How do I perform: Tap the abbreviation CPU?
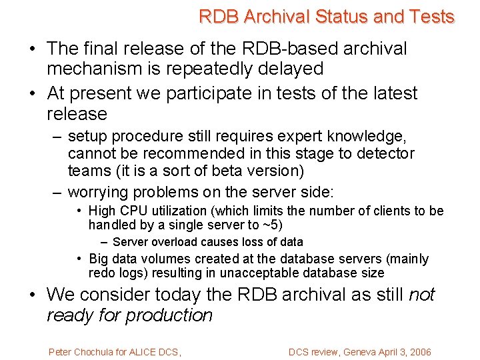click(x=131, y=211)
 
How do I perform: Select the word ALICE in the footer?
click(x=145, y=352)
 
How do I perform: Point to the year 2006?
click(x=419, y=352)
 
